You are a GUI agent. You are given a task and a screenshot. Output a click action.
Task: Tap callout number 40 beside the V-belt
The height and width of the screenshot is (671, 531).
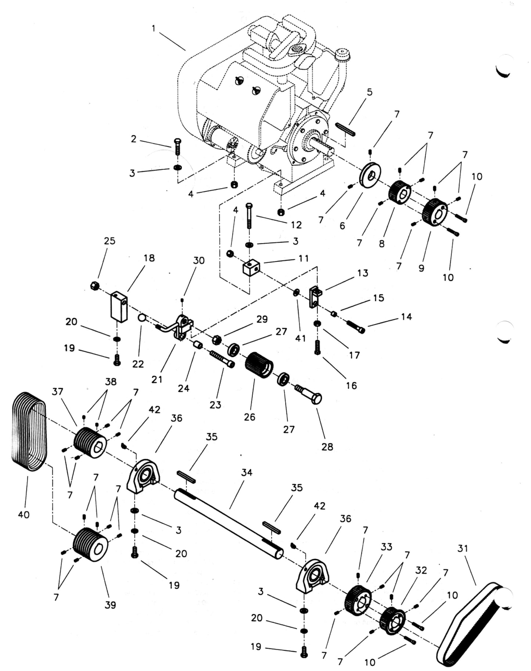(24, 515)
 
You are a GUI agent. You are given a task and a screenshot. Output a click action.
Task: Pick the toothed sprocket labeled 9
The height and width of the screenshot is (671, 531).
(435, 212)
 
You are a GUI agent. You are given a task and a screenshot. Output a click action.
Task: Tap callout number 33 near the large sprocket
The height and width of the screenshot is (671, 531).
(387, 547)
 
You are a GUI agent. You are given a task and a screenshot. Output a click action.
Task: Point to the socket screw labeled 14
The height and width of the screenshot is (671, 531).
(355, 326)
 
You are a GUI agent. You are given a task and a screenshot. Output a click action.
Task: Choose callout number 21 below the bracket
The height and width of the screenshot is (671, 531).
(157, 379)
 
